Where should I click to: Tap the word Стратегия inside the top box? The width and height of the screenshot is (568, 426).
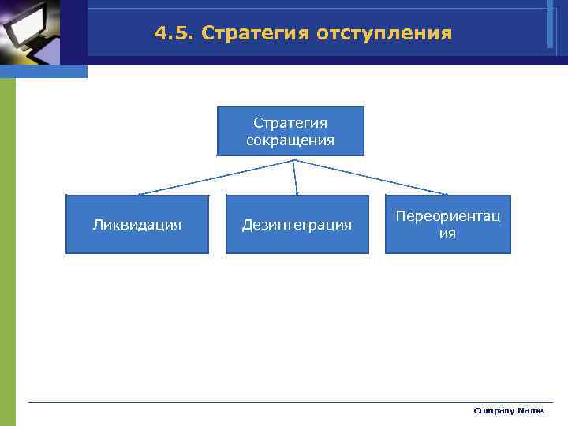point(290,123)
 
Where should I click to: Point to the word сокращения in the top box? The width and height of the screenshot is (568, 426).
point(290,140)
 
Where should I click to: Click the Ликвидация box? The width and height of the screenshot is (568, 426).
point(136,225)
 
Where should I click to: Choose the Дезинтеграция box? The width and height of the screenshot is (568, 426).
point(297,225)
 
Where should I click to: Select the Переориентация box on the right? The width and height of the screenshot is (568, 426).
point(447,225)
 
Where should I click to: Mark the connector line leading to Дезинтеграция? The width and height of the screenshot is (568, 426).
point(296,177)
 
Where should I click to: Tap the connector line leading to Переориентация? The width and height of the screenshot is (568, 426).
point(371,177)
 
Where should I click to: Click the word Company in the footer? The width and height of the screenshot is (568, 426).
point(493,411)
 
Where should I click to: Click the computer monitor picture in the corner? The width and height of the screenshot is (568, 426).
point(32,32)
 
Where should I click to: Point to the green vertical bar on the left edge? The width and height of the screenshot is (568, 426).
point(7,252)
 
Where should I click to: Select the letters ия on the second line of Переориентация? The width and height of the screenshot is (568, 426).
point(447,234)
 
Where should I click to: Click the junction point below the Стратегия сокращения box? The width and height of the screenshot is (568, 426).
point(294,160)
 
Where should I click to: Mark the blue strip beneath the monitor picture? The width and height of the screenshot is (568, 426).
point(43,72)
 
